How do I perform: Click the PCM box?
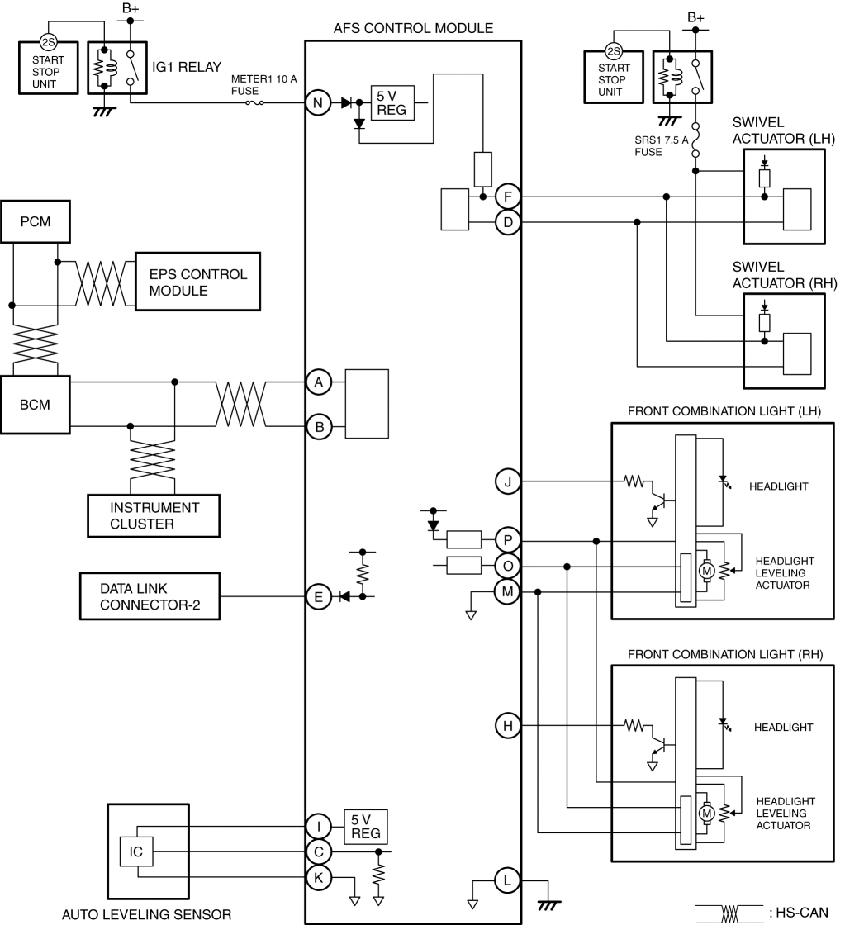(x=36, y=222)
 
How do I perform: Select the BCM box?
(x=36, y=405)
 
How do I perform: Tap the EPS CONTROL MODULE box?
(x=197, y=282)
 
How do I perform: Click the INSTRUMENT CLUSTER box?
(x=154, y=515)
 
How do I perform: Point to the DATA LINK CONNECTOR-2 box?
(x=150, y=596)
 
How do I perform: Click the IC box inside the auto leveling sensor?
(x=136, y=851)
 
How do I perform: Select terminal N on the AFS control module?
(x=318, y=103)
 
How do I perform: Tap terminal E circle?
(x=319, y=597)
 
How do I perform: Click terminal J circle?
(x=507, y=481)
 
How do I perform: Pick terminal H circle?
(x=507, y=726)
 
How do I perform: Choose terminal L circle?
(x=507, y=880)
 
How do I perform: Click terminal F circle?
(x=507, y=197)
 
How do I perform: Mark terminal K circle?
(x=319, y=877)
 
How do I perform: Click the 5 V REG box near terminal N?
(x=392, y=103)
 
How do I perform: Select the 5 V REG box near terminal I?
(x=366, y=827)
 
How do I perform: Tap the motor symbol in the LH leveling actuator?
(x=706, y=571)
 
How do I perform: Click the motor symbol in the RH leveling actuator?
(x=706, y=814)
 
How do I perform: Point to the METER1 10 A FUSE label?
(x=263, y=85)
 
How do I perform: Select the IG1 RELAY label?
(x=187, y=67)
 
